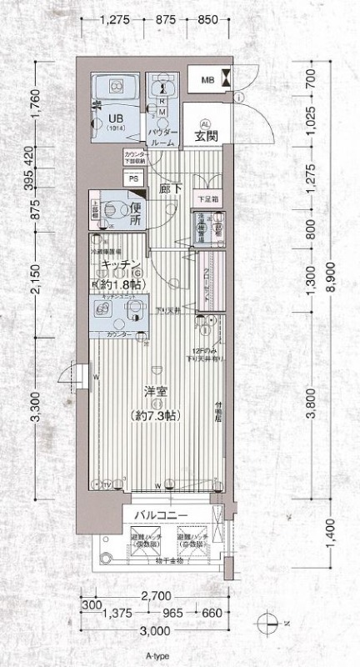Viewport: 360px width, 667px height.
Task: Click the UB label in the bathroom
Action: tap(114, 118)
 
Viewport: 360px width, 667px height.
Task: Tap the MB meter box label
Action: tap(207, 80)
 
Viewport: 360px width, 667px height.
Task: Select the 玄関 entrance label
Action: tap(207, 136)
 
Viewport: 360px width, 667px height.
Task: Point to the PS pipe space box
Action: tap(133, 178)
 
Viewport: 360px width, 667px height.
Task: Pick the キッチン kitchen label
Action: tap(119, 264)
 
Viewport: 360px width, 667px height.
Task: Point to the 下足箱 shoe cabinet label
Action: tap(207, 200)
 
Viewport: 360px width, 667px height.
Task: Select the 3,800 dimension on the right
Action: tap(312, 404)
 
